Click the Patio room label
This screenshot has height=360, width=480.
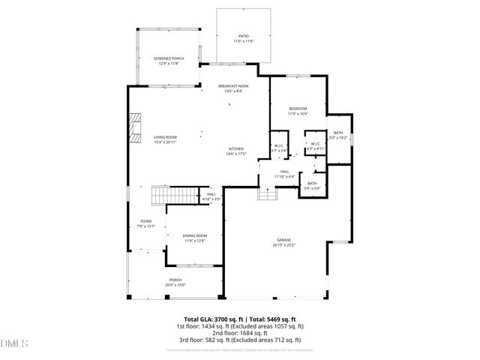[x=243, y=37]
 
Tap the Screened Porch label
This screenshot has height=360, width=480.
[x=168, y=61]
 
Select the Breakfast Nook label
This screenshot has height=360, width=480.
[x=233, y=88]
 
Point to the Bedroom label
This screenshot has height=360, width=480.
[x=298, y=111]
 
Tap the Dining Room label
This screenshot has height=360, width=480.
[x=195, y=238]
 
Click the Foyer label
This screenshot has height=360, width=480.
[x=145, y=223]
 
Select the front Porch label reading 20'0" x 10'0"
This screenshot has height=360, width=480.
[x=175, y=282]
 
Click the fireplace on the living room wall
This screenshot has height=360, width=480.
[x=134, y=127]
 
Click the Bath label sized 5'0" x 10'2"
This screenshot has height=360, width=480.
[x=339, y=135]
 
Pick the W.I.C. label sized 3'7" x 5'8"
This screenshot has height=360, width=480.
[x=278, y=148]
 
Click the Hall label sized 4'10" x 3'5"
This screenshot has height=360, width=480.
[x=212, y=196]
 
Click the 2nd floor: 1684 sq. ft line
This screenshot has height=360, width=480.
[x=240, y=333]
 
